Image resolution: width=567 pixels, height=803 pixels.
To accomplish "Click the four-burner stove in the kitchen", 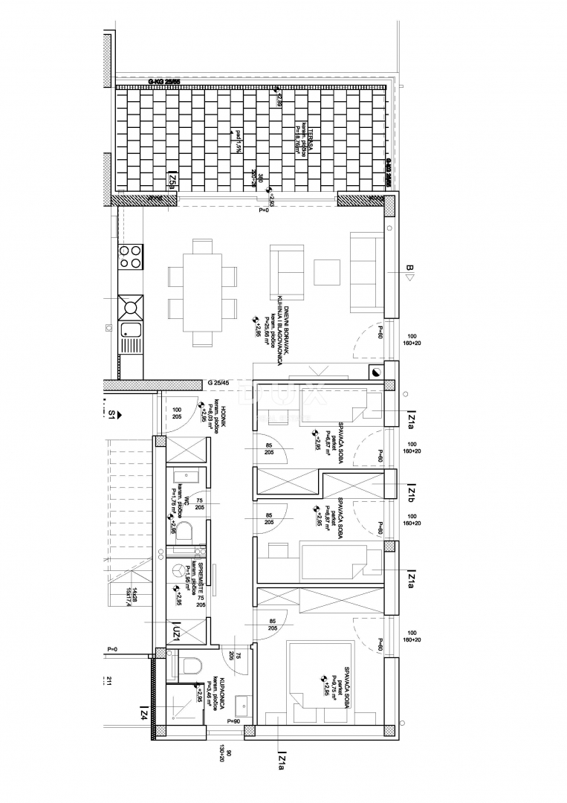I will (131, 257).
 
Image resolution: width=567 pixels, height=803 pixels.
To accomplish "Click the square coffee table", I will (326, 271).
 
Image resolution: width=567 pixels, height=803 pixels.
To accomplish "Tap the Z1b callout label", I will (410, 492).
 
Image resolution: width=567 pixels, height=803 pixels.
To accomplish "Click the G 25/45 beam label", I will (221, 383).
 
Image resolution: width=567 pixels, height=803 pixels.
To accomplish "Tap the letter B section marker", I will (409, 269).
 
